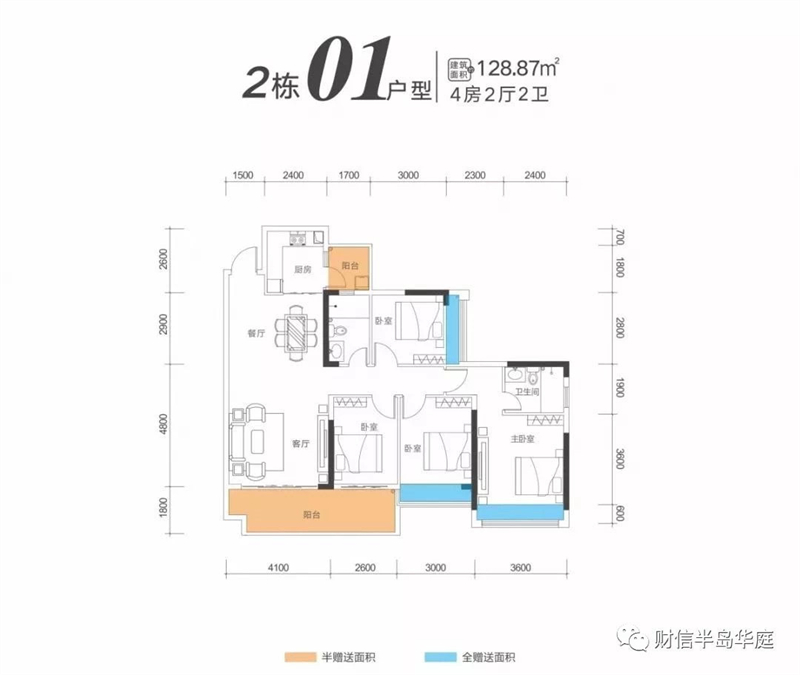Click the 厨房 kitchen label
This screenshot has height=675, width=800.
click(x=303, y=269)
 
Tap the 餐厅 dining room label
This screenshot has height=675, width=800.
click(x=256, y=334)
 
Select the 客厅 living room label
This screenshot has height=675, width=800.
click(x=301, y=444)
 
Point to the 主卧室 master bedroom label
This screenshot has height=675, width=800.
click(x=522, y=439)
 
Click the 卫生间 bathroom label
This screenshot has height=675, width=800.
click(x=527, y=392)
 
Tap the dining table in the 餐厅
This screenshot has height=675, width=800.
click(x=296, y=333)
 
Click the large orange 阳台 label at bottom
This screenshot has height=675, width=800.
click(x=312, y=515)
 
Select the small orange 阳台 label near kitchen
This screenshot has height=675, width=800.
click(x=350, y=266)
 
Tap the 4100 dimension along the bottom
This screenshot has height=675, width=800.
click(x=278, y=567)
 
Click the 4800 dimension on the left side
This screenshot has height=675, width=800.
click(x=163, y=424)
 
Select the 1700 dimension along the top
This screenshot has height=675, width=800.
click(x=348, y=176)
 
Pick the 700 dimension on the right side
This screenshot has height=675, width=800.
click(x=619, y=237)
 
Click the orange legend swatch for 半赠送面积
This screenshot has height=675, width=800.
click(x=300, y=657)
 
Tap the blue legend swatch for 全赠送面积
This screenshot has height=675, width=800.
click(x=440, y=657)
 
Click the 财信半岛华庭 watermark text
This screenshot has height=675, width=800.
click(x=714, y=639)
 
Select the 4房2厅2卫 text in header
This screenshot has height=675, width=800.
click(x=499, y=94)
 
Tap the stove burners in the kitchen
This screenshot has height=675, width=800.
click(x=297, y=238)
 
